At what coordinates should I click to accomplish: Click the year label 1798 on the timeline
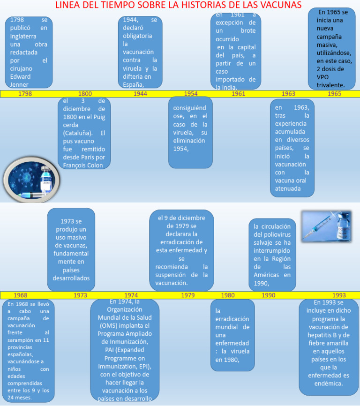tap(25, 94)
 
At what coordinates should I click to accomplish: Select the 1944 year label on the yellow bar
tap(140, 94)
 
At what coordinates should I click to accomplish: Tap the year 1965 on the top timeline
tap(334, 94)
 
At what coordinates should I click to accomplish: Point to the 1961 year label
tap(238, 94)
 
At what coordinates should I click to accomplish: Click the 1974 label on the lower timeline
tap(131, 295)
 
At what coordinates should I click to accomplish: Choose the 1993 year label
tap(339, 295)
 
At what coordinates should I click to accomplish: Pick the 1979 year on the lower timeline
tap(188, 295)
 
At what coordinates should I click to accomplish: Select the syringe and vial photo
tap(326, 226)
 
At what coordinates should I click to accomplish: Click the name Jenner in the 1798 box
tap(19, 85)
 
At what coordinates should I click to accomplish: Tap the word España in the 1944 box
tap(133, 85)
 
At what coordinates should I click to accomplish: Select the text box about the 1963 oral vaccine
tap(292, 148)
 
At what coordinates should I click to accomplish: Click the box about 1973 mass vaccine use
tap(71, 250)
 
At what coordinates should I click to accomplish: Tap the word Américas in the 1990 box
tap(269, 275)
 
